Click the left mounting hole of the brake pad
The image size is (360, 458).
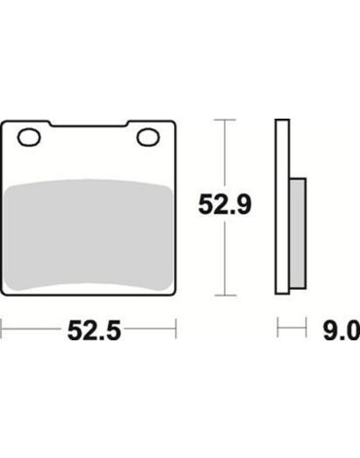coord(29,138)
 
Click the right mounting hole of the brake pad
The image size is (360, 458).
coord(148,138)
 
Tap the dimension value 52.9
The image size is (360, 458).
coord(225,205)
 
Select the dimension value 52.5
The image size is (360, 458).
coord(94,331)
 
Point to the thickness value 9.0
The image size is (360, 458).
coord(342,331)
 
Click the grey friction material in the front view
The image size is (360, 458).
coord(89,234)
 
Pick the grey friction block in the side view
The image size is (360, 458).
coord(298,233)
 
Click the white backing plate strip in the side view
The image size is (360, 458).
coord(282,207)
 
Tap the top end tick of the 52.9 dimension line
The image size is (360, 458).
coord(225,120)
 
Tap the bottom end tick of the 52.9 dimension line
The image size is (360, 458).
coord(225,296)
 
